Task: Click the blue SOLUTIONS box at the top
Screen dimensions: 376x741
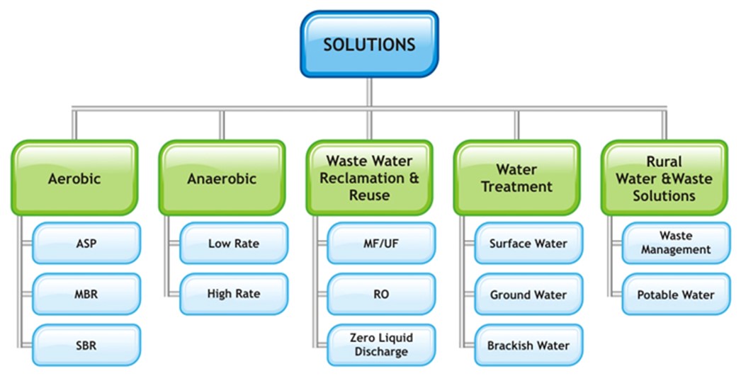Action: coord(369,45)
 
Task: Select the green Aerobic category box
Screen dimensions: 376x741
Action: coord(74,178)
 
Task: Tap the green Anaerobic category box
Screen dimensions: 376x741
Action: coord(221,178)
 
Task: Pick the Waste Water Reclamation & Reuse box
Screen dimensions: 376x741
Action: coord(369,178)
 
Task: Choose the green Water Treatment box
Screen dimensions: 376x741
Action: coord(516,178)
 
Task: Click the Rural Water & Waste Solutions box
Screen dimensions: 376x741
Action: coord(664,178)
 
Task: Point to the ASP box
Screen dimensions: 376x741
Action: coord(86,244)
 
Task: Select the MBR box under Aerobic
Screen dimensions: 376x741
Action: coord(86,295)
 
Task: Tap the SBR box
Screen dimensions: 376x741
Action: coord(86,346)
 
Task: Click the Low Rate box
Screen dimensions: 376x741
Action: coord(234,244)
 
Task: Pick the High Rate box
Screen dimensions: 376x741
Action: coord(234,294)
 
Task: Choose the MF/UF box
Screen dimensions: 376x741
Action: coord(380,244)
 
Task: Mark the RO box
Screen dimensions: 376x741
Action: coord(380,295)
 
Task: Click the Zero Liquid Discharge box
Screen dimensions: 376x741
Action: coord(380,345)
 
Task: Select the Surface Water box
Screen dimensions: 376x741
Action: coord(528,244)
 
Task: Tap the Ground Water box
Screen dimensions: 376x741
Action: coord(528,295)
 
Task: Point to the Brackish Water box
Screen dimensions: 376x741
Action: coord(528,346)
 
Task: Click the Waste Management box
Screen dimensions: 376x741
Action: coord(675,243)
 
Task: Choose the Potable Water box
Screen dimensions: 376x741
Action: coord(675,295)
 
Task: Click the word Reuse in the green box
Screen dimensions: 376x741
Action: coord(369,195)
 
